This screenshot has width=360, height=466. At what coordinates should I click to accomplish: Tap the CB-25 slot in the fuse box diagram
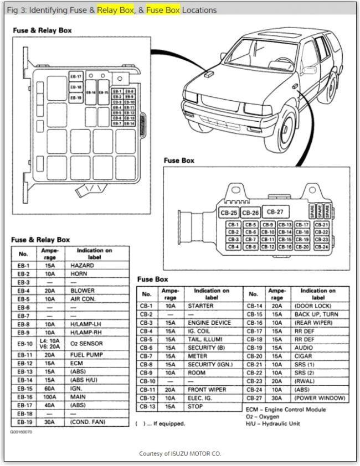228,213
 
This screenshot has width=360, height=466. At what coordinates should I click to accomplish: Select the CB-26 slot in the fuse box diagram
250,213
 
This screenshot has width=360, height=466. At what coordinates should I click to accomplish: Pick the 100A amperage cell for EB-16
50,397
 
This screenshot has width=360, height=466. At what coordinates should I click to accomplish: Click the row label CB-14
254,306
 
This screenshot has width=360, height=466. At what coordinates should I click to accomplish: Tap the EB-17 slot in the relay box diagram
76,76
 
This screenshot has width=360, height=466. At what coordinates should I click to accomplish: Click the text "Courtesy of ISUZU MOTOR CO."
179,453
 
